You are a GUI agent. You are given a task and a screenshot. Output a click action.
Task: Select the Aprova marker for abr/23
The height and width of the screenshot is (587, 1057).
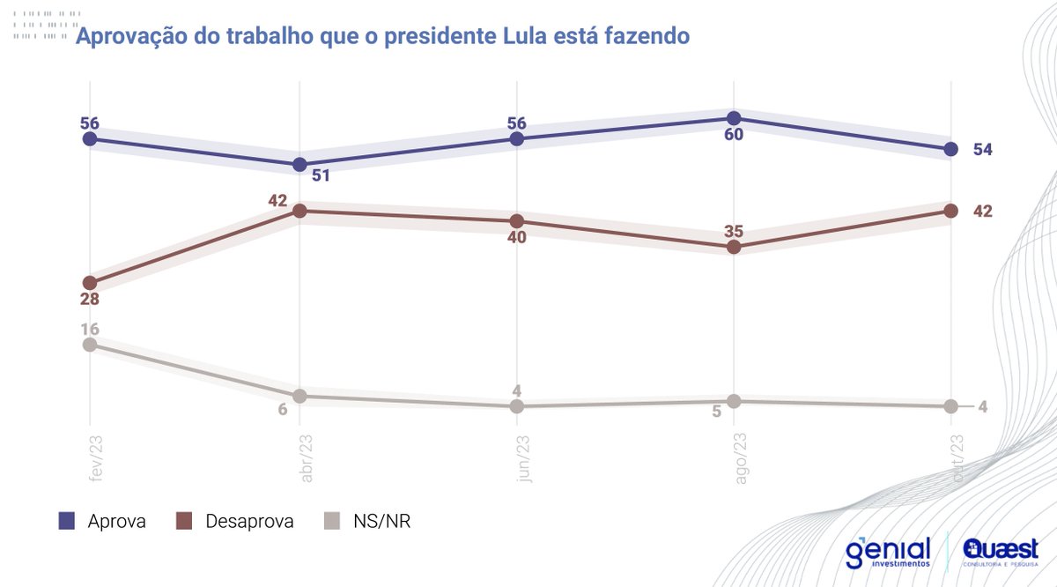pyautogui.click(x=299, y=165)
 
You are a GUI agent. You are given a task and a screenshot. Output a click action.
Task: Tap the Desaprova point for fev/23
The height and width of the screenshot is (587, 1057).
pyautogui.click(x=89, y=283)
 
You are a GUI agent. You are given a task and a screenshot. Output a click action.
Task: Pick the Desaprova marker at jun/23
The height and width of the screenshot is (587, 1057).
pyautogui.click(x=517, y=220)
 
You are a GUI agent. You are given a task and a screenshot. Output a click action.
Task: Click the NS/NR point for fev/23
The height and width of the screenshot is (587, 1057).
pyautogui.click(x=89, y=345)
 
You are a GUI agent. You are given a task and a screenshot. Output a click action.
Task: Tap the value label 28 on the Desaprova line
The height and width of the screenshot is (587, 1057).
pyautogui.click(x=89, y=300)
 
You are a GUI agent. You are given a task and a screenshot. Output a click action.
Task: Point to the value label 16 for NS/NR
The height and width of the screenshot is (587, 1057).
pyautogui.click(x=89, y=329)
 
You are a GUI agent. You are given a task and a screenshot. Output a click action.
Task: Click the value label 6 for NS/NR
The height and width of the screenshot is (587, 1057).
pyautogui.click(x=284, y=410)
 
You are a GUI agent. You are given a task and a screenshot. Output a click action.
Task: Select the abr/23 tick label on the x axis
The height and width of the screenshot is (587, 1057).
pyautogui.click(x=299, y=456)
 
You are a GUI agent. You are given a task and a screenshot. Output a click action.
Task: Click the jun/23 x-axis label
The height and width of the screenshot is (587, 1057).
pyautogui.click(x=517, y=456)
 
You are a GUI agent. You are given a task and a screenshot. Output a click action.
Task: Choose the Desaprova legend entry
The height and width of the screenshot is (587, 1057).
pyautogui.click(x=234, y=522)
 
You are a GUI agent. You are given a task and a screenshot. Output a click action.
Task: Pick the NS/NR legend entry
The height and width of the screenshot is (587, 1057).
pyautogui.click(x=369, y=522)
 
